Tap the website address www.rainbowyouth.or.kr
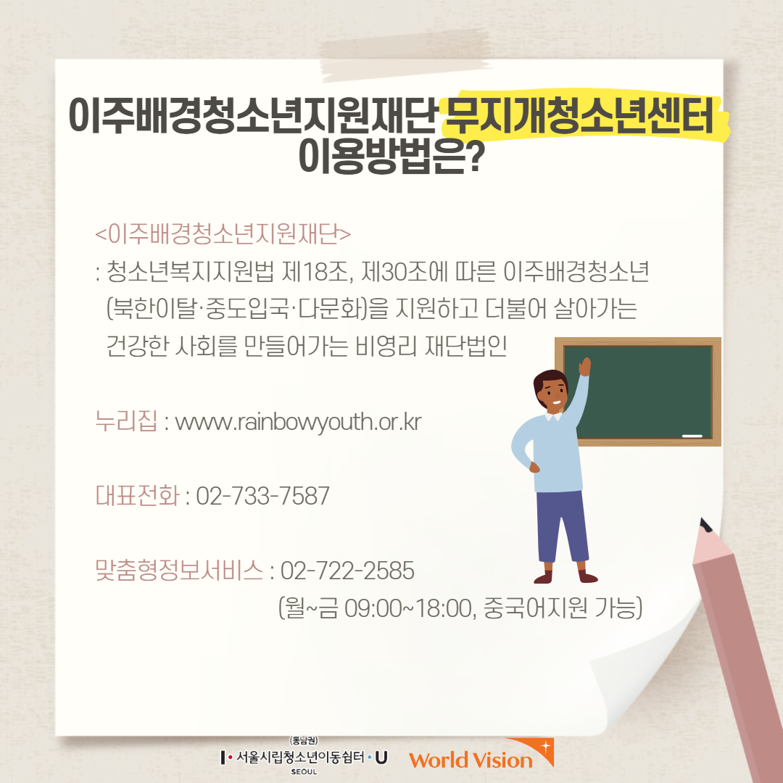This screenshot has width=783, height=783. coord(298,423)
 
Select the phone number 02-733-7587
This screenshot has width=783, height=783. coord(262,496)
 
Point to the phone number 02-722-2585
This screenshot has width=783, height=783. coord(347,571)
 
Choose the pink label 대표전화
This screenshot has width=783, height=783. coord(137,495)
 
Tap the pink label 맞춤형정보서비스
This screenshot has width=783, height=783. coord(179,571)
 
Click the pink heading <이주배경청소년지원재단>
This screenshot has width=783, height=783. coord(223,234)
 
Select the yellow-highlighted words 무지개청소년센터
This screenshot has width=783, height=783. coord(579,117)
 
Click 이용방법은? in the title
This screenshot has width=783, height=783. coord(389,155)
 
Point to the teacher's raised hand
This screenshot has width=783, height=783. coord(585,367)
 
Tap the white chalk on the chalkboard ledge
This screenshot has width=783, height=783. coord(692,436)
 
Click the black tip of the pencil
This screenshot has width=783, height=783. coord(706,526)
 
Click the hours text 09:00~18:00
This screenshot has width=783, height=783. coord(408,608)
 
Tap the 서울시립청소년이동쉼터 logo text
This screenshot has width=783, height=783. coord(300,758)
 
